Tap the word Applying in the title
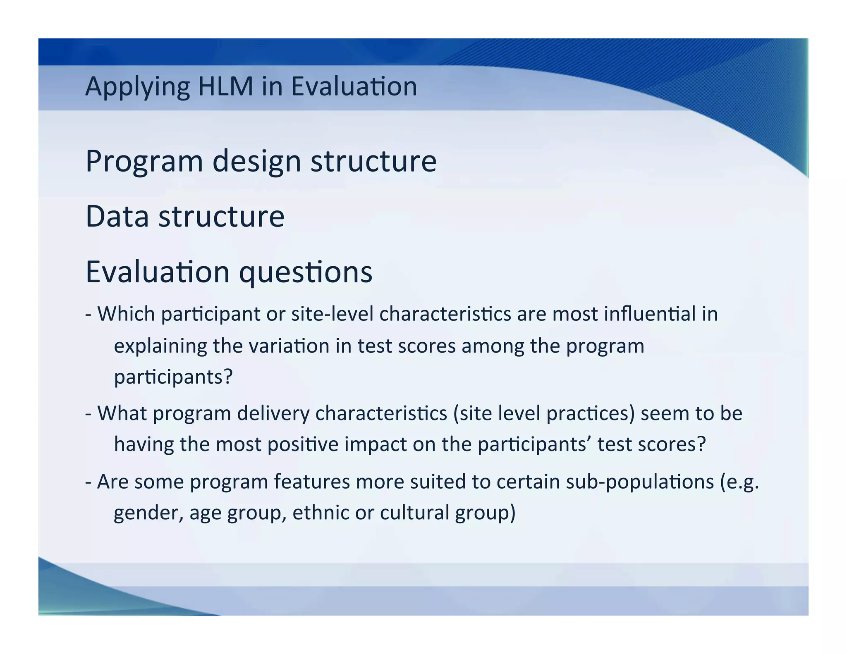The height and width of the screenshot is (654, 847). pos(137,88)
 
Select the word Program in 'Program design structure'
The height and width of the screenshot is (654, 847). pos(144,162)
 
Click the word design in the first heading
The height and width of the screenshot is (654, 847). pos(256,162)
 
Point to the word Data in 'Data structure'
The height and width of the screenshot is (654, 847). pos(117,216)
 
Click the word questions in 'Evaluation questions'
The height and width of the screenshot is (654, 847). pos(306,273)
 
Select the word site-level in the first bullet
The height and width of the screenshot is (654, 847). pos(332,314)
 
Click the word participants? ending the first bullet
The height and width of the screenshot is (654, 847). pos(173,377)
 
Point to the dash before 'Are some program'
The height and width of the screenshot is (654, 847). pos(88,482)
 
